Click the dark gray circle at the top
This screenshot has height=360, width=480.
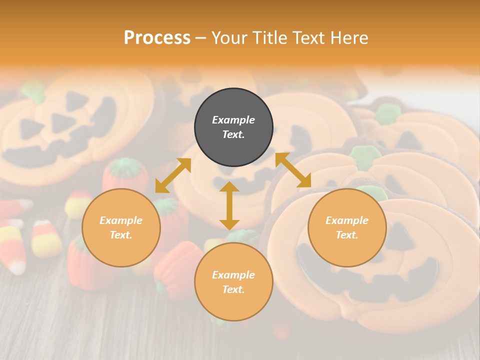[x=233, y=127]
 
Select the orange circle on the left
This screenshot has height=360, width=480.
[x=121, y=227]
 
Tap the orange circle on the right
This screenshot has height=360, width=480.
[x=347, y=227]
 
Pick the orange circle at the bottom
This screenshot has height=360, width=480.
[x=233, y=281]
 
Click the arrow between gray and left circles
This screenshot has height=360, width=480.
[x=173, y=175]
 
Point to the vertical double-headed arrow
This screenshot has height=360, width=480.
[x=229, y=205]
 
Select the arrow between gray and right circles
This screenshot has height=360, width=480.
[x=293, y=170]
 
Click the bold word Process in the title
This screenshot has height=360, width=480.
[x=157, y=38]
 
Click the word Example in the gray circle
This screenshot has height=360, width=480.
[x=233, y=120]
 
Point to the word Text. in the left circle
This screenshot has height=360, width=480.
[x=121, y=235]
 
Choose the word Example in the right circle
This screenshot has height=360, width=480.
[x=347, y=220]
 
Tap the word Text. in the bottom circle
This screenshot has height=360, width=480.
[x=233, y=289]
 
